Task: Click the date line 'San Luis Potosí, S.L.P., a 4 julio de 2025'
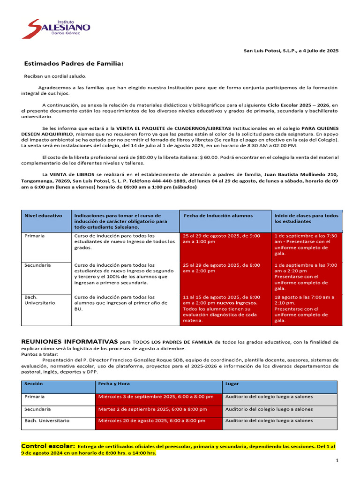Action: pyautogui.click(x=291, y=51)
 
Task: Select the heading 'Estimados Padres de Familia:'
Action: pyautogui.click(x=74, y=63)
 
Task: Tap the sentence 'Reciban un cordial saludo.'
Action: pyautogui.click(x=55, y=76)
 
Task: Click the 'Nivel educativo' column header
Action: pyautogui.click(x=43, y=216)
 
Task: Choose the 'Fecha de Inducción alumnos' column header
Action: pyautogui.click(x=218, y=216)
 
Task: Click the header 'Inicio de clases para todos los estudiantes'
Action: pyautogui.click(x=306, y=218)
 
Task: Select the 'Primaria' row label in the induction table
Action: pyautogui.click(x=35, y=236)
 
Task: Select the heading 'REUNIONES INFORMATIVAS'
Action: pyautogui.click(x=69, y=342)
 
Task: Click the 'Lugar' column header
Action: pyautogui.click(x=232, y=383)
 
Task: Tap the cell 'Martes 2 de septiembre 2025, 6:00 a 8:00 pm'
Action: pyautogui.click(x=152, y=409)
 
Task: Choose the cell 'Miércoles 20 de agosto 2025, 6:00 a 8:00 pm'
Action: pyautogui.click(x=155, y=421)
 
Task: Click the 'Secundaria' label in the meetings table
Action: pyautogui.click(x=37, y=409)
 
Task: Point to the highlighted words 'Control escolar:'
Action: pyautogui.click(x=48, y=446)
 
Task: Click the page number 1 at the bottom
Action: pyautogui.click(x=337, y=461)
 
